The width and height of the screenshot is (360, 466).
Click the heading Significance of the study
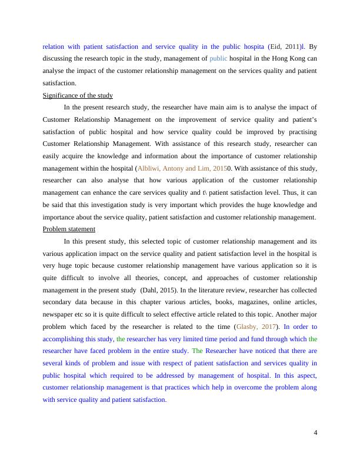[78, 95]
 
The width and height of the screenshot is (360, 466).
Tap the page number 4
[315, 433]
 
